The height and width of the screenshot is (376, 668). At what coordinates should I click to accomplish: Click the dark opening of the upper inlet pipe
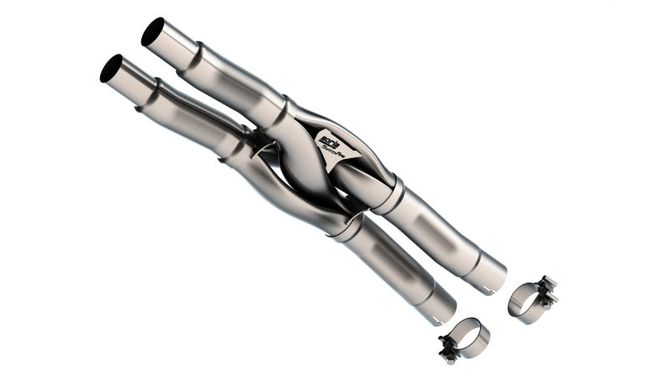tap(153, 33)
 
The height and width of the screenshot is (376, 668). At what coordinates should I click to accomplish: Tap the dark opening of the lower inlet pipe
tap(111, 69)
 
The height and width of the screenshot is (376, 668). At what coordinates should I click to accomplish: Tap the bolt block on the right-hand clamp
tap(547, 287)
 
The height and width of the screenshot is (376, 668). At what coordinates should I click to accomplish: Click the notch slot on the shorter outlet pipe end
tap(437, 320)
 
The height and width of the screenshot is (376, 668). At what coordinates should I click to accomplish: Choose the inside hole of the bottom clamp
tap(467, 338)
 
